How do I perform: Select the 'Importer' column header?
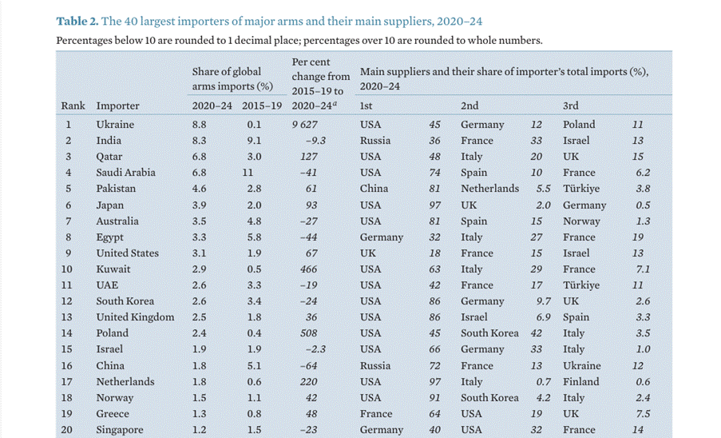[x=117, y=106]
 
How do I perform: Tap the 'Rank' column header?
[x=73, y=106]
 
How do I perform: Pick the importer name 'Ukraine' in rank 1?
[x=115, y=125]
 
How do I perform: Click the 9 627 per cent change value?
[x=305, y=125]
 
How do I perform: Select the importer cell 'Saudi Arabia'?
[x=125, y=173]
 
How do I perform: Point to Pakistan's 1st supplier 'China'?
[x=374, y=189]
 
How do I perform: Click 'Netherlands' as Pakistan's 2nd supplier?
[x=489, y=189]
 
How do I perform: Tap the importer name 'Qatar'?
[x=110, y=157]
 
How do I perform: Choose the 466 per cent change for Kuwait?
[x=308, y=269]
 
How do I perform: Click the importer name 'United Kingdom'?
[x=135, y=317]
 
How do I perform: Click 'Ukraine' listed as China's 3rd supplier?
[x=581, y=365]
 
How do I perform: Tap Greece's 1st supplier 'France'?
[x=376, y=414]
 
